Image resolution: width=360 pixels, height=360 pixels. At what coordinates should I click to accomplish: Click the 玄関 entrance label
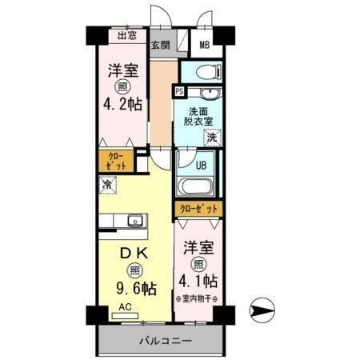[x=160, y=44]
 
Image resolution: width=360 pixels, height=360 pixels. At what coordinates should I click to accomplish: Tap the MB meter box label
[x=204, y=44]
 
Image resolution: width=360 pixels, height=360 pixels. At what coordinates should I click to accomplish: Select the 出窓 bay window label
[x=126, y=35]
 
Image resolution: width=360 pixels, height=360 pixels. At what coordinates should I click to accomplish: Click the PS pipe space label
[x=178, y=92]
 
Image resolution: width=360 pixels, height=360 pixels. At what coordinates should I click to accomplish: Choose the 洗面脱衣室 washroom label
[x=200, y=116]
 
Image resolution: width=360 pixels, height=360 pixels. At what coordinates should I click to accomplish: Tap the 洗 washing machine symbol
[x=211, y=138]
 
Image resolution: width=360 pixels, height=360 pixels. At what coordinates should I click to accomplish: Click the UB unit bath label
[x=202, y=166]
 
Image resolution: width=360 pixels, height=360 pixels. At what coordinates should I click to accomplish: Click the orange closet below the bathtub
[x=198, y=209]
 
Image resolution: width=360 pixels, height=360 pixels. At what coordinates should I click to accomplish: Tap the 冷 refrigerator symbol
[x=106, y=185]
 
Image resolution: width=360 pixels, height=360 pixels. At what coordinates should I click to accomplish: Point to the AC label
[x=125, y=306]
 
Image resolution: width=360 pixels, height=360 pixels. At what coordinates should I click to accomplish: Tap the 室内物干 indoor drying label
[x=196, y=298]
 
